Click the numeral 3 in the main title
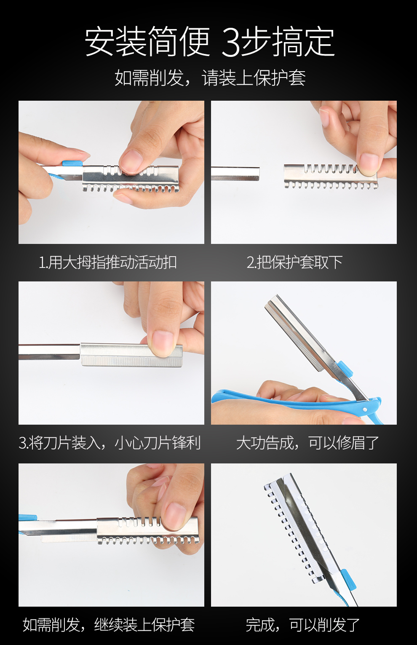coord(231,42)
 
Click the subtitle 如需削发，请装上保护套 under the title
coord(210,78)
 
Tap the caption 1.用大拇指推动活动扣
coord(108,262)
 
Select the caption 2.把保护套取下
coord(294,262)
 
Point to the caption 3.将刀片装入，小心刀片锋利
coord(110,443)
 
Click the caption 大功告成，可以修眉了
coord(307,443)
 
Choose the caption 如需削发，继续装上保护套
coord(109,624)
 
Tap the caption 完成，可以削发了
coord(303,624)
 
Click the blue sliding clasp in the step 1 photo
coord(72,163)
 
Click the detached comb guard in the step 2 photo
coord(331,177)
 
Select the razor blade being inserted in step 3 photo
coord(132,355)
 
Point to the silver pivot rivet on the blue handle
coord(365,409)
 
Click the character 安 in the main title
coord(100,42)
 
